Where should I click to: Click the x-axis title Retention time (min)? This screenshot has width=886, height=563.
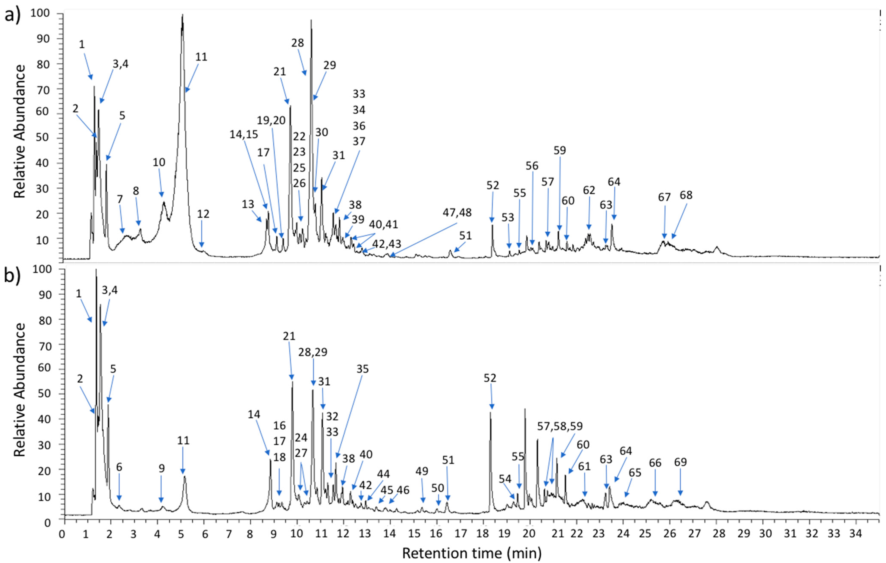click(472, 553)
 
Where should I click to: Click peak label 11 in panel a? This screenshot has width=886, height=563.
click(201, 57)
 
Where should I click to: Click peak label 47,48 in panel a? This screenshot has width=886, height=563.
click(457, 213)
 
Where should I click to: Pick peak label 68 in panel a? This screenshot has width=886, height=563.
click(686, 195)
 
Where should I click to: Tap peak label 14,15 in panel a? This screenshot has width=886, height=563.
click(244, 135)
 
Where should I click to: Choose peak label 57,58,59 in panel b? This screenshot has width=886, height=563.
click(560, 427)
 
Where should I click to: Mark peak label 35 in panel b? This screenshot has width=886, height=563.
click(362, 369)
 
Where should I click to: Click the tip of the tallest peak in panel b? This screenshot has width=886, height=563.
click(96, 270)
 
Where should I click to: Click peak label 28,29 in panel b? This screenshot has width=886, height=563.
click(312, 352)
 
